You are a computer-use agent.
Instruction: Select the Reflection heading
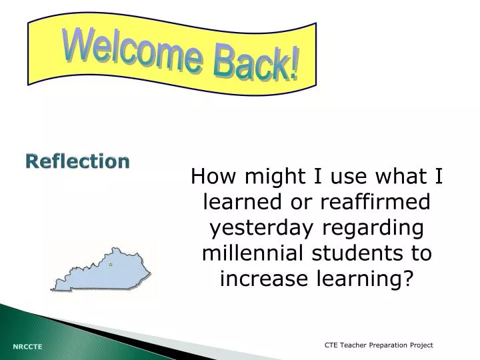pos(78,161)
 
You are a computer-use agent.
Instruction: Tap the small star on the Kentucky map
pos(110,265)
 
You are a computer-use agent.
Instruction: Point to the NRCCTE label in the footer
pos(27,347)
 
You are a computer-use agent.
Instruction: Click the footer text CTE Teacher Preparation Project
pos(378,345)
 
